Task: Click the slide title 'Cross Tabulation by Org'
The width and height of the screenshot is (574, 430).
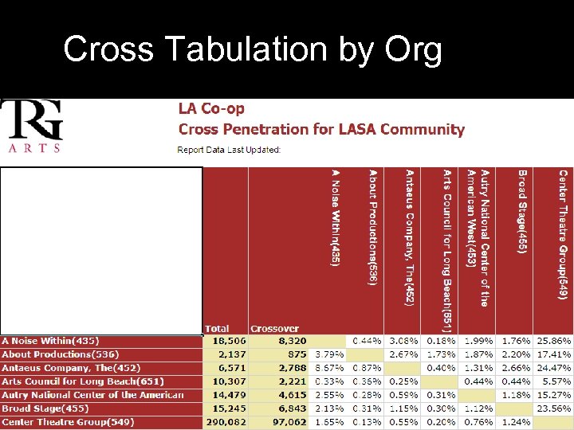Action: tap(252, 49)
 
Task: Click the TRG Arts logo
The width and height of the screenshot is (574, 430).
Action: tap(33, 126)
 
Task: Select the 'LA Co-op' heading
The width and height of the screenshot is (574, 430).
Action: tap(211, 109)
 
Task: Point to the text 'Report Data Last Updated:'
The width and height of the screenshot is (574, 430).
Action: tap(229, 150)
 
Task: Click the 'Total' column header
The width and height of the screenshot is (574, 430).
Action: tap(217, 328)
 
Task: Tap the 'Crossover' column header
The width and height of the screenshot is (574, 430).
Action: tap(274, 328)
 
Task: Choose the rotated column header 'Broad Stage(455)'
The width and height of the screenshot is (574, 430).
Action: tap(521, 212)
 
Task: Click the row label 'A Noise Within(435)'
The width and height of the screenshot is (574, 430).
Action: tap(49, 341)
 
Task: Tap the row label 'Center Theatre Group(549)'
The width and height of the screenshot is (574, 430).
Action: tap(69, 422)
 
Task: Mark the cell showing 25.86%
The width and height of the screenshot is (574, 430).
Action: tap(553, 341)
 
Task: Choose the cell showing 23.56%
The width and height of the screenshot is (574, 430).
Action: tap(553, 408)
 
